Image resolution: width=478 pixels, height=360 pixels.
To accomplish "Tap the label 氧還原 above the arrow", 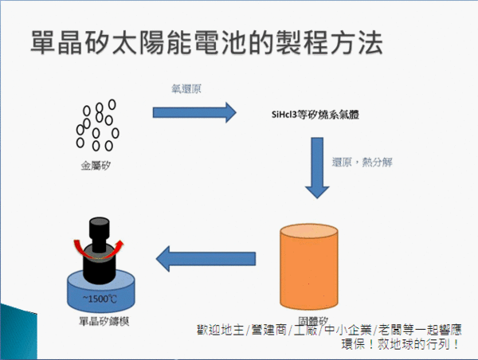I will (x=186, y=88).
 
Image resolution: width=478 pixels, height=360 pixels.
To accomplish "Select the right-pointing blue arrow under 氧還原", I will (x=194, y=112).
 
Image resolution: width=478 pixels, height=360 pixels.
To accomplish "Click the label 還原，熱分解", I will (x=361, y=162).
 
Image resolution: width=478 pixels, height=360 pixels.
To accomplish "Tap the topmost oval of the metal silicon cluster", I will (x=112, y=103).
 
